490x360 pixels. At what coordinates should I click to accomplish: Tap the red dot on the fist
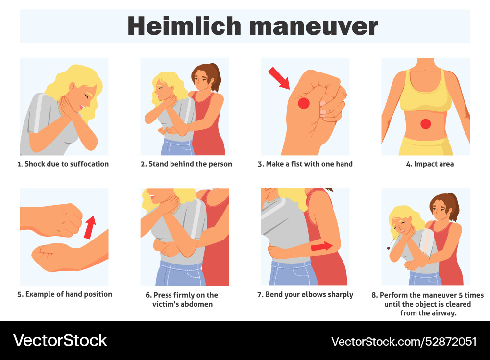tap(304, 103)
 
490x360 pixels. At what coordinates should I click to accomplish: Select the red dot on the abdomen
tap(426, 124)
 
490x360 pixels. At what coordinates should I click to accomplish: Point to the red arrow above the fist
tap(279, 78)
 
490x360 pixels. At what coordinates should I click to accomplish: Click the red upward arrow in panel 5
tap(90, 227)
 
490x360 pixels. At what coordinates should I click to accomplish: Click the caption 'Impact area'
tap(425, 164)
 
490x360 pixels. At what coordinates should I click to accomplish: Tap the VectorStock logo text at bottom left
tap(60, 340)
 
